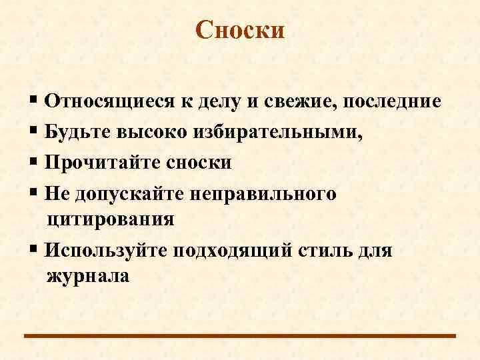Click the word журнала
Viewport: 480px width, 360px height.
tap(88, 276)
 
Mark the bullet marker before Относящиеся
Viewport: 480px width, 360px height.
tap(33, 102)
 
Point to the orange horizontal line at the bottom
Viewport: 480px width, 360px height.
tap(240, 336)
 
